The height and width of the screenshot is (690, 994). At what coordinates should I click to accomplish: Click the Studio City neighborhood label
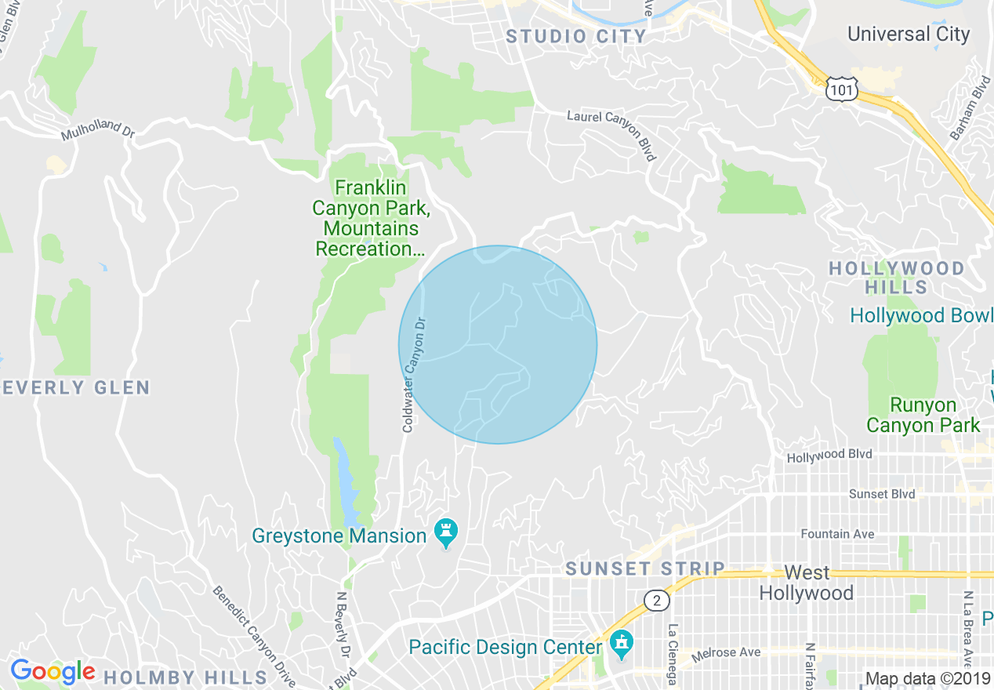tap(576, 36)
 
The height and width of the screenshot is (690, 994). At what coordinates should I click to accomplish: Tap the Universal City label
tap(909, 34)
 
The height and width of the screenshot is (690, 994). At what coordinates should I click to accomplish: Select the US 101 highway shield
tap(840, 91)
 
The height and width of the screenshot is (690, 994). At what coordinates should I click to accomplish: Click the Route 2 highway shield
tap(657, 601)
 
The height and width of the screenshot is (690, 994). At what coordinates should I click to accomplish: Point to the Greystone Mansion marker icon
tap(446, 534)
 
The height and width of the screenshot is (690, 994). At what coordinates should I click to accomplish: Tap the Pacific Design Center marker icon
tap(622, 645)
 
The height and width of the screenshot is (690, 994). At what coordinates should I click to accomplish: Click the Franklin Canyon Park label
tap(371, 218)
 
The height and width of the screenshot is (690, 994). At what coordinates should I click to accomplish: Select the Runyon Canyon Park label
tap(923, 416)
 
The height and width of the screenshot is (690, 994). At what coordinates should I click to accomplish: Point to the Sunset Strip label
tap(645, 569)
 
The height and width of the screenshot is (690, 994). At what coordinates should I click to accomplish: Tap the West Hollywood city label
tap(806, 583)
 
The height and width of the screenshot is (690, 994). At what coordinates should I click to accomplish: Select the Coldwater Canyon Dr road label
tap(413, 374)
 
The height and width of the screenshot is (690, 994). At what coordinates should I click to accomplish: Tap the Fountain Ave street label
tap(837, 534)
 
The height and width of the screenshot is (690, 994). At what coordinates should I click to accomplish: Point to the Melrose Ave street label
tap(724, 653)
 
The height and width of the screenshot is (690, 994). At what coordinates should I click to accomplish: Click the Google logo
tap(52, 671)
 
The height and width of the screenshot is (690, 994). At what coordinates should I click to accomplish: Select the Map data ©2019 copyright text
tap(928, 679)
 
